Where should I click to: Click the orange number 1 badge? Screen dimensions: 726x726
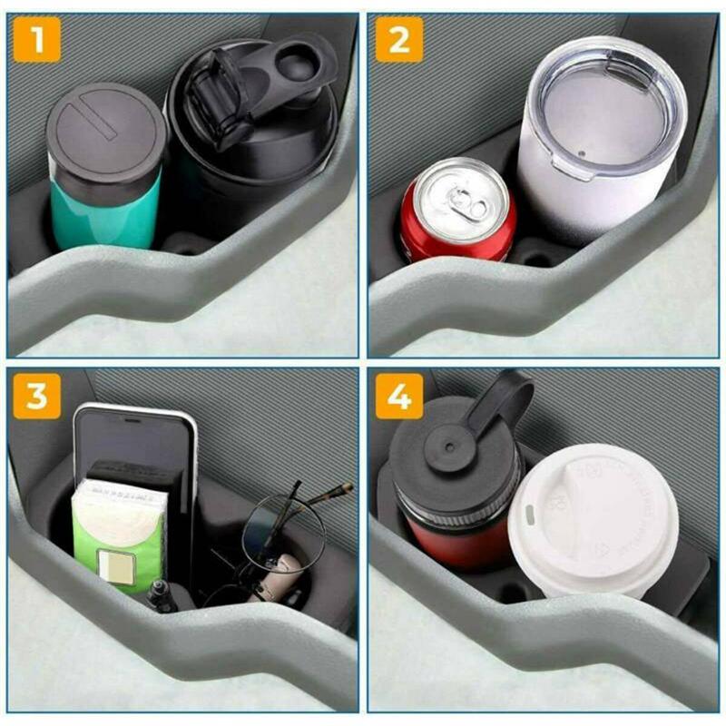coord(37,39)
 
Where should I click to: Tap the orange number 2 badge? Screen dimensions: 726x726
coord(399,39)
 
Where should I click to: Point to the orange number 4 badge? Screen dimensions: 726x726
coord(399,396)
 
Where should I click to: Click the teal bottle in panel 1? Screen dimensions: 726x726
coord(104,214)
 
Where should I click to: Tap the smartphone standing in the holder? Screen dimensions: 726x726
coord(136,445)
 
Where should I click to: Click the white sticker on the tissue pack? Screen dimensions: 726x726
coord(119,568)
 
